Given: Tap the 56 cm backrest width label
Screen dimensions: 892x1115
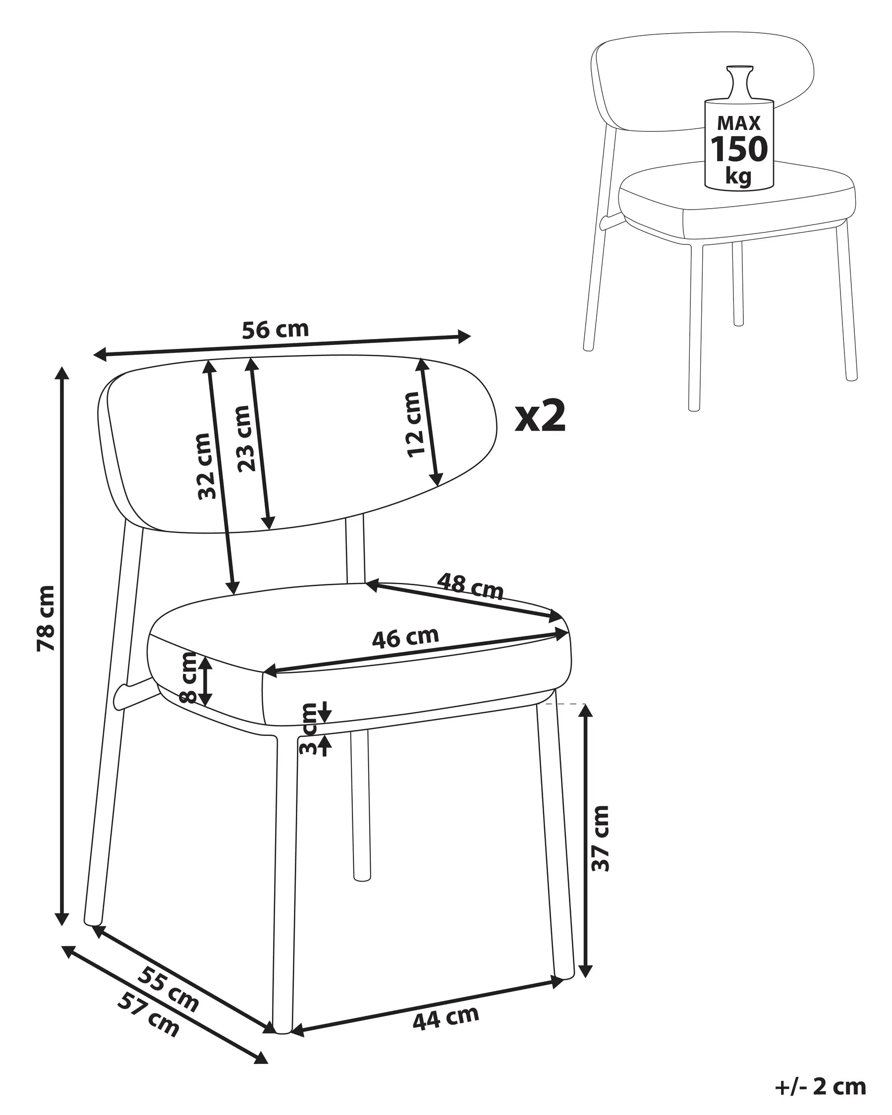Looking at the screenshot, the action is [275, 330].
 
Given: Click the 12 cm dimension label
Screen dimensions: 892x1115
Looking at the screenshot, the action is [414, 424].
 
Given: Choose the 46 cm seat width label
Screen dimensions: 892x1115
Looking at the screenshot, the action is [405, 637].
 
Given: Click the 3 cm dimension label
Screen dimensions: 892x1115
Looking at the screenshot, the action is [309, 728].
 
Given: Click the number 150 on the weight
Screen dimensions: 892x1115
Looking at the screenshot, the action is [739, 149].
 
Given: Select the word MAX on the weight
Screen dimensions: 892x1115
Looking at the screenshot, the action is [739, 123].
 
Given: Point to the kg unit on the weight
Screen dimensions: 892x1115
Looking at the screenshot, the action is [738, 176].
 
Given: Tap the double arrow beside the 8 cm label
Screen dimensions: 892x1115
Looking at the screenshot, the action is [206, 681].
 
